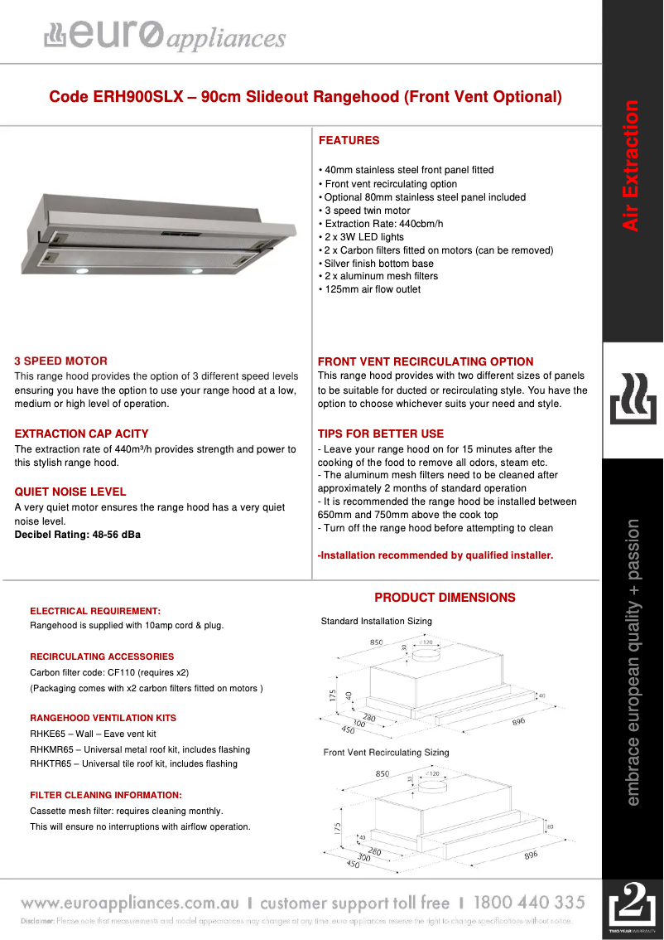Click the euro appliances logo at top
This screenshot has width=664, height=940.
point(165,35)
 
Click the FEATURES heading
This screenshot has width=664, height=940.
point(349,140)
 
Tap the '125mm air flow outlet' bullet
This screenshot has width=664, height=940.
point(370,289)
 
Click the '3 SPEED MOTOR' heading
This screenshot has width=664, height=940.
point(60,361)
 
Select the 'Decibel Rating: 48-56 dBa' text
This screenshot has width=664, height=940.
point(77,535)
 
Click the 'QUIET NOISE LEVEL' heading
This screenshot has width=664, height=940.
point(70,492)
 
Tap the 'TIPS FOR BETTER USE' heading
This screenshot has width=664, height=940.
point(380,434)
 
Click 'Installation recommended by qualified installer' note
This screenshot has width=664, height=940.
point(435,555)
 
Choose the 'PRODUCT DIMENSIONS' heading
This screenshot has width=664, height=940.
point(445,598)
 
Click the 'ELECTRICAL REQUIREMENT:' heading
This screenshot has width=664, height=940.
point(95,611)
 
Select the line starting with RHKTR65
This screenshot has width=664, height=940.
point(133,763)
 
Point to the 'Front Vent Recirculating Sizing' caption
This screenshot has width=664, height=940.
point(386,753)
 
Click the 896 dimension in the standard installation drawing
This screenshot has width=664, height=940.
point(518,722)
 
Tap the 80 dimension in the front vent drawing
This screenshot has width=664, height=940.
point(550,826)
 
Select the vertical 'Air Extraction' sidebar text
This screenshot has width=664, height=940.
point(631,166)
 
